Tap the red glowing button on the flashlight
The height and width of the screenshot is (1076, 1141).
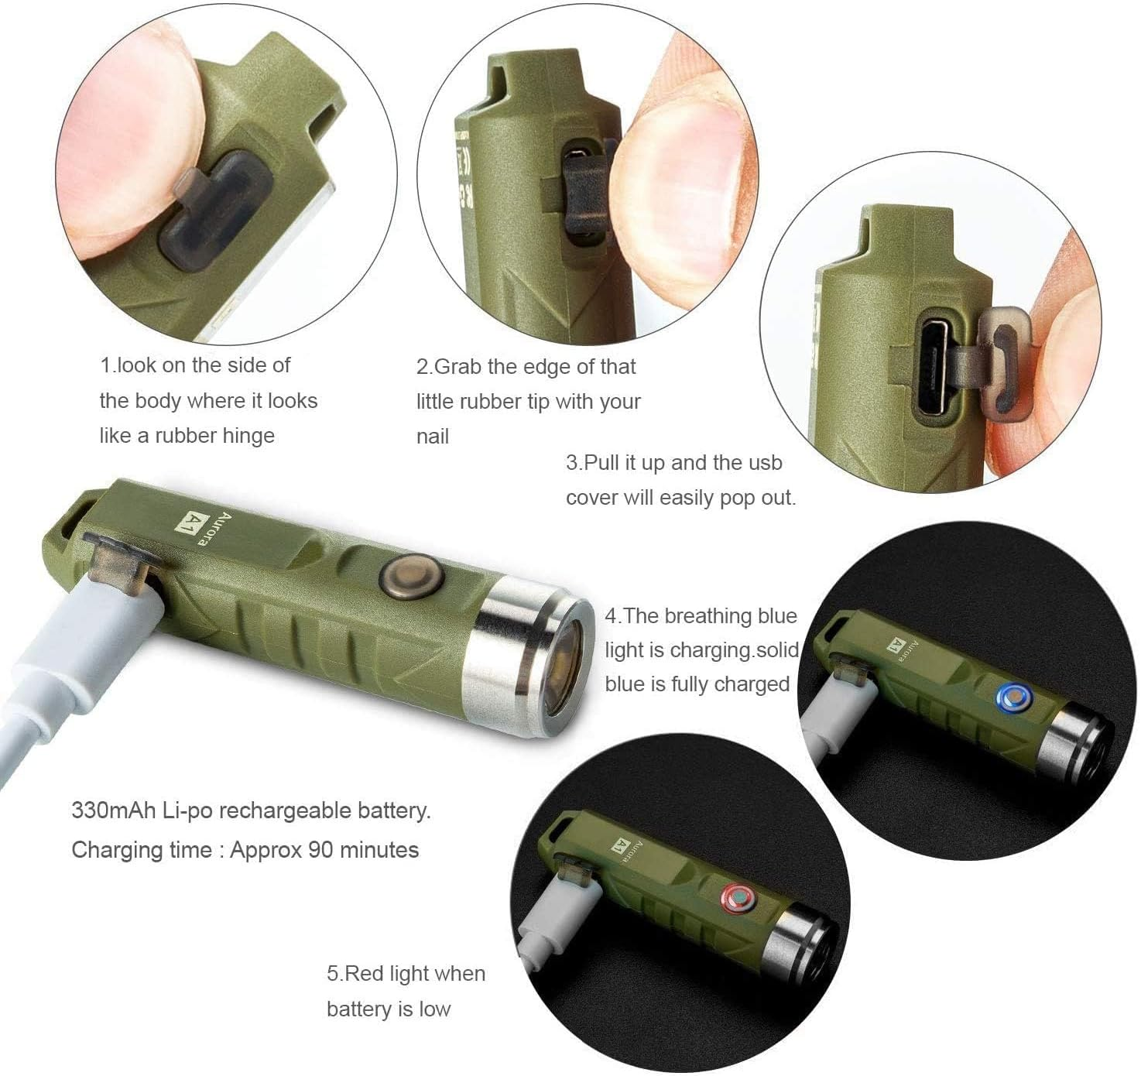click(736, 898)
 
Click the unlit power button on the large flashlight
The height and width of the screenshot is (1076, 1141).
click(410, 577)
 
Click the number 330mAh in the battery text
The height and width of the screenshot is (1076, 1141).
click(111, 811)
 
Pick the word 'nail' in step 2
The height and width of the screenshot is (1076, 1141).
click(432, 437)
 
